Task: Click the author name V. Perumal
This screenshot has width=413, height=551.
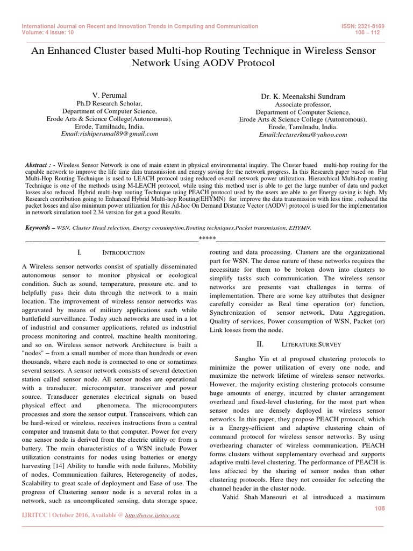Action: (109, 95)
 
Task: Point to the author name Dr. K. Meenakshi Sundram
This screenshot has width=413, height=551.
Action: (303, 96)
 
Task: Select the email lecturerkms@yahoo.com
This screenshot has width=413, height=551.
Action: (303, 135)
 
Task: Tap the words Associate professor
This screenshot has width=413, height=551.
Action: (303, 104)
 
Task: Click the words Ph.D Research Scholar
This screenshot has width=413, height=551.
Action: (109, 103)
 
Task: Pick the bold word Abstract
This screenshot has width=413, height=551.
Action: (38, 165)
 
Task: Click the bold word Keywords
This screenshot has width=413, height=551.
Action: (40, 228)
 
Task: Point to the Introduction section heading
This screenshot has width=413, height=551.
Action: (123, 252)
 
